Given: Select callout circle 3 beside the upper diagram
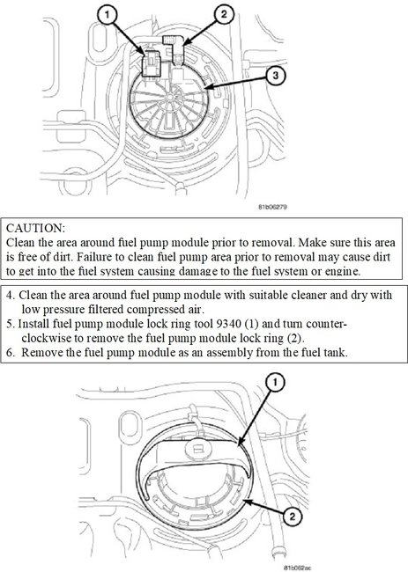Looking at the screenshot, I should pyautogui.click(x=276, y=77).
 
